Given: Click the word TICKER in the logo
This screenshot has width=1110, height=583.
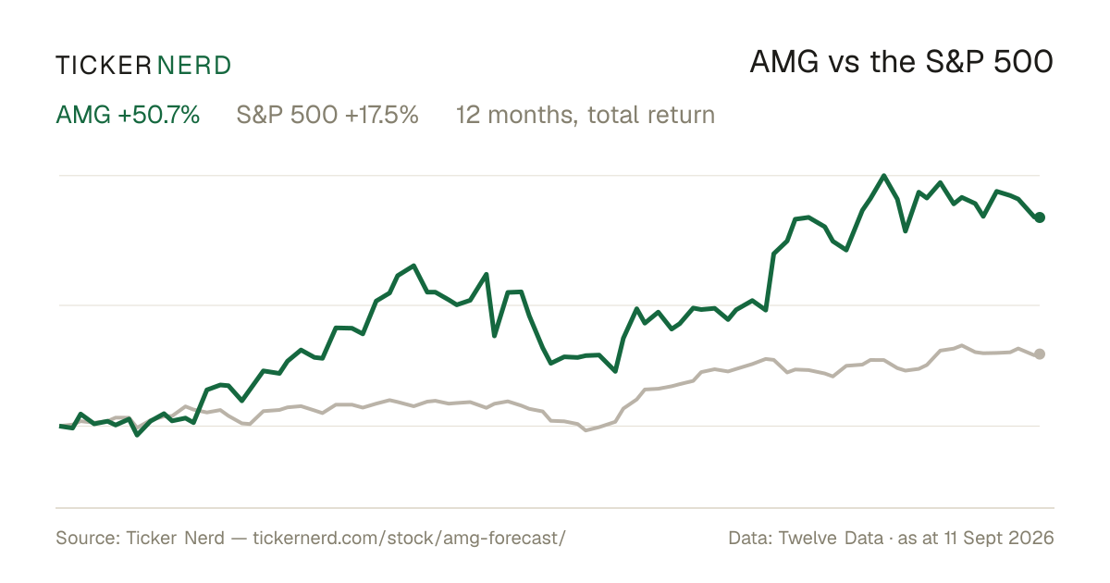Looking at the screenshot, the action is coord(103,66).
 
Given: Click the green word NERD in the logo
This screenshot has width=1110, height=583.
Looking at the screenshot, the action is coord(193,66).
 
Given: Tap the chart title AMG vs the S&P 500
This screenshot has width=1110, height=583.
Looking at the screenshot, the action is coord(901,63).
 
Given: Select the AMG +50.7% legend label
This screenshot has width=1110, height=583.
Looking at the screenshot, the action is coord(128,115).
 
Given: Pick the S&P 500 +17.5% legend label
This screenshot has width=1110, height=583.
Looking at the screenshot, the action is coord(327,115).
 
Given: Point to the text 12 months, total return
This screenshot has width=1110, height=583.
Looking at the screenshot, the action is coord(586,116).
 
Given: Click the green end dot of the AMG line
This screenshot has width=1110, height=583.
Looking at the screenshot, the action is coord(1040,217).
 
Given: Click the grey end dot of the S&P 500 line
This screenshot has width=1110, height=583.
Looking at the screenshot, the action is coord(1040,354).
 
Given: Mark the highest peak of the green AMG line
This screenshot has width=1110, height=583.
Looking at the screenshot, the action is coord(884,176).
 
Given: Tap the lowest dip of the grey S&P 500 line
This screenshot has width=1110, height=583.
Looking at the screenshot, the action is coord(586,430).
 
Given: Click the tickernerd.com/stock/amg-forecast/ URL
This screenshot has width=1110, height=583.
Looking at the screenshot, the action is coord(409,538).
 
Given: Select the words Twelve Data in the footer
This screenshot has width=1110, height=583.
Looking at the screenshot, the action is coord(831,538).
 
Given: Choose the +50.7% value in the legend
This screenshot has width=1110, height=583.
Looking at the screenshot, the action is coord(158,115).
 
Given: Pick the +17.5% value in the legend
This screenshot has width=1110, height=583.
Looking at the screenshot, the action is coord(381,115).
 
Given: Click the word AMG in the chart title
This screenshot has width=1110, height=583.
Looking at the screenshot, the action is coord(784,63).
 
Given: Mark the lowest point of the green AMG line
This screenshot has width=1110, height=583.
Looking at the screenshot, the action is coord(137,435).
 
